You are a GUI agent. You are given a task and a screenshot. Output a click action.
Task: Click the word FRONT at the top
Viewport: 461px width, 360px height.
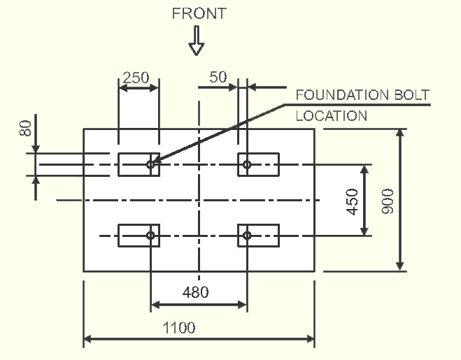tap(199, 13)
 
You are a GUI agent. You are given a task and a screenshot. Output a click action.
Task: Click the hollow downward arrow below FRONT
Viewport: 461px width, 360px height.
tap(197, 41)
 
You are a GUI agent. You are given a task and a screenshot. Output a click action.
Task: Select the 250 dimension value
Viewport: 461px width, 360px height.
tap(136, 78)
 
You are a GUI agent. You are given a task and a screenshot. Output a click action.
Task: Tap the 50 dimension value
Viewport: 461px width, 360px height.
tap(218, 77)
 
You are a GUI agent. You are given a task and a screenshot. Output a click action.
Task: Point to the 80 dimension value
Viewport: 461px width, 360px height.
tap(25, 128)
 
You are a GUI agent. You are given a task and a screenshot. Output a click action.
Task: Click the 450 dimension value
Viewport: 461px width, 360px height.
tap(352, 202)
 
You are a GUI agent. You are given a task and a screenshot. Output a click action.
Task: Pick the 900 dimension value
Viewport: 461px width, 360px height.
tap(388, 201)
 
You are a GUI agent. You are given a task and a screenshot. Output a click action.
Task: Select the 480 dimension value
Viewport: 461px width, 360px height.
tap(195, 292)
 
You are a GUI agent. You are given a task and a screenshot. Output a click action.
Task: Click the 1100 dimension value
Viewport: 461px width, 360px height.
tap(179, 328)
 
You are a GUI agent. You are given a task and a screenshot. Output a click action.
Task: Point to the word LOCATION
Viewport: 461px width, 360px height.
tap(332, 116)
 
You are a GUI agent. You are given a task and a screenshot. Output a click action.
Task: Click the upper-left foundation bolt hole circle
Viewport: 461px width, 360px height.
tap(151, 164)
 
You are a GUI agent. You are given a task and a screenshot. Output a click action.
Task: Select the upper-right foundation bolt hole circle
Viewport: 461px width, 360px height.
tap(247, 164)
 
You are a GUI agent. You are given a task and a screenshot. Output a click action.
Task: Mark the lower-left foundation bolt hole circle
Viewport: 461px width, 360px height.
tap(151, 236)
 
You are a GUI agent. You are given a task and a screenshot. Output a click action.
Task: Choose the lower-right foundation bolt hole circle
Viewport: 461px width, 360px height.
tap(247, 236)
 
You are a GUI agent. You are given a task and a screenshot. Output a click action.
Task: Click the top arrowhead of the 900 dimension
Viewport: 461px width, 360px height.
tap(400, 134)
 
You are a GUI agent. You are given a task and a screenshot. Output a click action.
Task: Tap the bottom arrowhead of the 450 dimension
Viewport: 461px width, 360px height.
tap(364, 231)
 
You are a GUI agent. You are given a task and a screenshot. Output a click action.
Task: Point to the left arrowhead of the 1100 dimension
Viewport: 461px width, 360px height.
tap(88, 339)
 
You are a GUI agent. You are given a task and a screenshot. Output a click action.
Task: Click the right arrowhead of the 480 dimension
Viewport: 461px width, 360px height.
tap(243, 305)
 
